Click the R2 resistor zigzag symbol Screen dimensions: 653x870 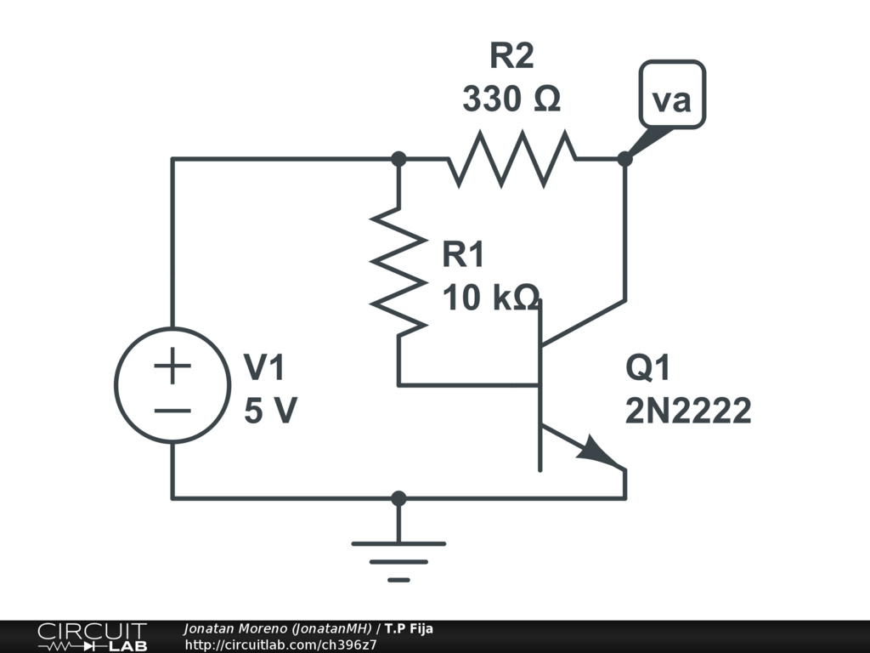pos(512,158)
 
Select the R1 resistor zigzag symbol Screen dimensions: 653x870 pos(398,271)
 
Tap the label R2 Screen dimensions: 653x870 pos(511,57)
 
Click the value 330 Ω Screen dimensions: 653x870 pos(511,99)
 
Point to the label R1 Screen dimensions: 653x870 pos(464,254)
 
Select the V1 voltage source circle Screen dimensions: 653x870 pos(172,385)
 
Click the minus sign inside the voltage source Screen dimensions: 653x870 pos(172,410)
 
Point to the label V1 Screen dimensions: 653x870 pos(265,368)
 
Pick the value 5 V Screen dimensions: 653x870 pos(270,412)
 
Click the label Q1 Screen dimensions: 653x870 pos(648,368)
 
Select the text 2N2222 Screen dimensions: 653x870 pos(688,412)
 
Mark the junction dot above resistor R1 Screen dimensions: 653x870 pos(398,158)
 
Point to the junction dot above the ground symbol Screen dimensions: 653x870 pos(398,498)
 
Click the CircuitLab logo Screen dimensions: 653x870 pos(92,637)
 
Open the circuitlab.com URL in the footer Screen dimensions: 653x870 pos(280,644)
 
